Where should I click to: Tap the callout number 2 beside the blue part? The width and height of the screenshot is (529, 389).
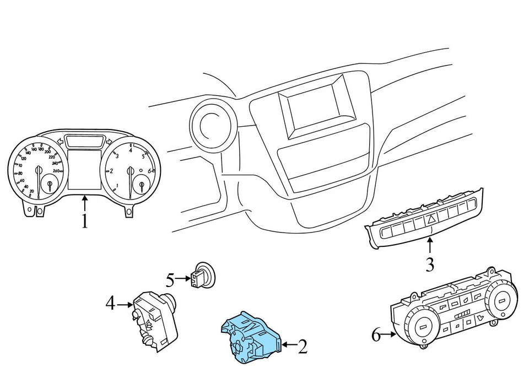(x=303, y=347)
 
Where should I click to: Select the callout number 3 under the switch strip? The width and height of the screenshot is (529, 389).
(x=429, y=264)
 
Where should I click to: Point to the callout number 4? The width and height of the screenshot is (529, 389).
(x=111, y=302)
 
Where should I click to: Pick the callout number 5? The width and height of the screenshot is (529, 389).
(x=170, y=280)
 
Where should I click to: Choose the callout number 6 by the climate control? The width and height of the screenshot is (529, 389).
(x=376, y=334)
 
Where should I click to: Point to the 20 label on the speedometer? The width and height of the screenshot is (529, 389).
(x=32, y=191)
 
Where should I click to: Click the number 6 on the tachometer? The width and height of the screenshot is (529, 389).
(x=149, y=171)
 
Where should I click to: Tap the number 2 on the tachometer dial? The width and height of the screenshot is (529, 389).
(x=111, y=171)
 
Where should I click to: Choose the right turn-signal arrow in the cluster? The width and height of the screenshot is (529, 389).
(x=109, y=142)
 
